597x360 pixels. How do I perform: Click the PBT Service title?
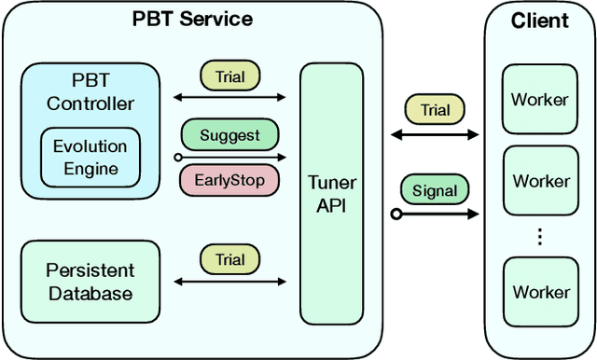click(193, 18)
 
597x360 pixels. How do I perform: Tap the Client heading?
click(539, 21)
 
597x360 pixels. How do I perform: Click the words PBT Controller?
click(90, 92)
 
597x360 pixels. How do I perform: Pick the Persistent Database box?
click(90, 282)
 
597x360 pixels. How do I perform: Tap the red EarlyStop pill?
click(229, 179)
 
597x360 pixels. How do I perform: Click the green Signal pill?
click(435, 190)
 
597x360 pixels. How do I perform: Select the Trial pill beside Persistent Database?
click(230, 259)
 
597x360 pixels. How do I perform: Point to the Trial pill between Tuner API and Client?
click(435, 110)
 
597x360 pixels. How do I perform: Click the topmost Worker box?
click(540, 99)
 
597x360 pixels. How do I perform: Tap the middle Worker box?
click(540, 181)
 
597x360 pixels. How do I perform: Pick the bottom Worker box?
click(540, 292)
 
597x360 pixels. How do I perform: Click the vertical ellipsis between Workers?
click(540, 237)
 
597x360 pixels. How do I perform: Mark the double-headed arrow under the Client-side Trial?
click(435, 135)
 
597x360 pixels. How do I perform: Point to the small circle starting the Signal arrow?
click(396, 215)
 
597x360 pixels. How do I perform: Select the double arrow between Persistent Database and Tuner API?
click(230, 283)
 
